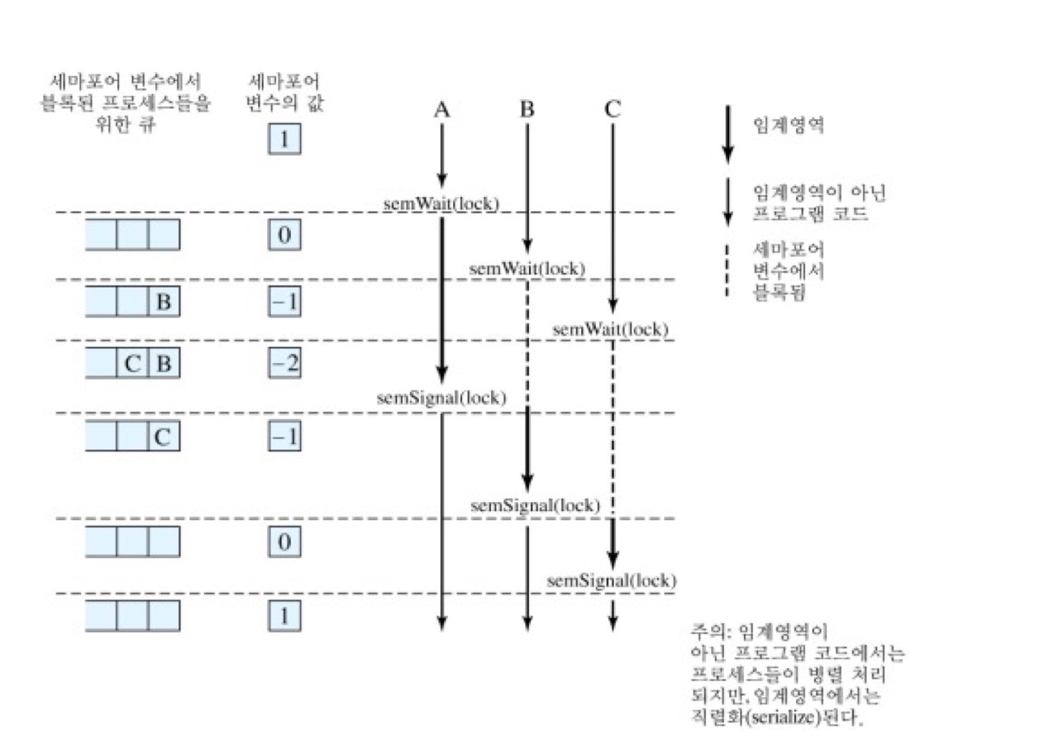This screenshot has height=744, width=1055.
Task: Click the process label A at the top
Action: pyautogui.click(x=442, y=110)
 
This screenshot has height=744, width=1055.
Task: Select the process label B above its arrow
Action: pyautogui.click(x=527, y=109)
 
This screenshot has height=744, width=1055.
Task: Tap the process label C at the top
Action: pyautogui.click(x=612, y=109)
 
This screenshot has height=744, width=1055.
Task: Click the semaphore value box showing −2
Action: pyautogui.click(x=284, y=363)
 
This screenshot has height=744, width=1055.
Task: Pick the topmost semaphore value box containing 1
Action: pyautogui.click(x=284, y=139)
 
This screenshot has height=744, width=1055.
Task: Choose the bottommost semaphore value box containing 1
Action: pyautogui.click(x=284, y=616)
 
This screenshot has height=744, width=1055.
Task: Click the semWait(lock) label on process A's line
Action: pyautogui.click(x=441, y=203)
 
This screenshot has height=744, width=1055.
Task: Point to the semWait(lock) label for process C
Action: pyautogui.click(x=610, y=329)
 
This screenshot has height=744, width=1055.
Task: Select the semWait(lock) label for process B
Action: pyautogui.click(x=527, y=268)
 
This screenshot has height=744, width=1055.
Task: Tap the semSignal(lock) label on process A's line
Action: pyautogui.click(x=441, y=397)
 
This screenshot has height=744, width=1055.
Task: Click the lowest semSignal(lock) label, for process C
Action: pyautogui.click(x=611, y=580)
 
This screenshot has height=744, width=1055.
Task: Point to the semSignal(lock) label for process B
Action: pyautogui.click(x=535, y=505)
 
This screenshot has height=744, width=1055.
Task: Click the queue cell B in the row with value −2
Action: pyautogui.click(x=164, y=363)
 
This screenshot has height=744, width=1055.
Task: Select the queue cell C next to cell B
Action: pyautogui.click(x=132, y=363)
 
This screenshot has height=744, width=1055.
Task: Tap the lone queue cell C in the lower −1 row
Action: pyautogui.click(x=163, y=437)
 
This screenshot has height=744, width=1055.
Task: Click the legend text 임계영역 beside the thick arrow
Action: pyautogui.click(x=789, y=125)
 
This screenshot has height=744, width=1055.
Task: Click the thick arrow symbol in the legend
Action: pyautogui.click(x=728, y=134)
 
